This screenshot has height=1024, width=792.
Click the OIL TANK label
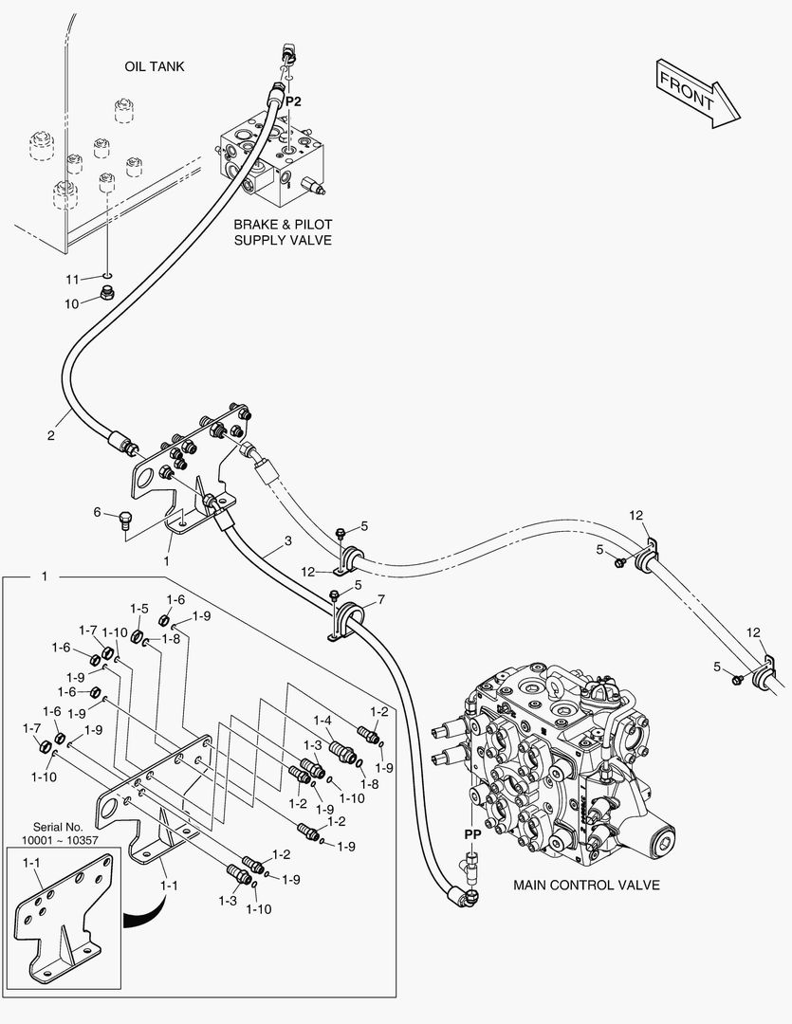tap(155, 66)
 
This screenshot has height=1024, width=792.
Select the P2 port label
tap(294, 101)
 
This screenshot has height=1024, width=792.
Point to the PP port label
tap(472, 833)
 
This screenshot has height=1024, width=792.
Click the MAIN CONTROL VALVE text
tap(586, 886)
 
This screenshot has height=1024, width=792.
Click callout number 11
tap(73, 279)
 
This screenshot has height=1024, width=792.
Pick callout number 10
tap(73, 303)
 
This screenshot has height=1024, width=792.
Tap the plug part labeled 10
tap(107, 294)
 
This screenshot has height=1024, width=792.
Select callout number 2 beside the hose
tap(50, 436)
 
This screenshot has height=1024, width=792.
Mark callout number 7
tap(380, 599)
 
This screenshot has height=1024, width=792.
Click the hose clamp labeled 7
tap(348, 621)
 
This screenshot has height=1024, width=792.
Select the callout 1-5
tap(139, 609)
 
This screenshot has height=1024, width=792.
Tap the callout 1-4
tap(322, 721)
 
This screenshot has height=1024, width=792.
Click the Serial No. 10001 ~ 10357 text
tap(61, 833)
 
